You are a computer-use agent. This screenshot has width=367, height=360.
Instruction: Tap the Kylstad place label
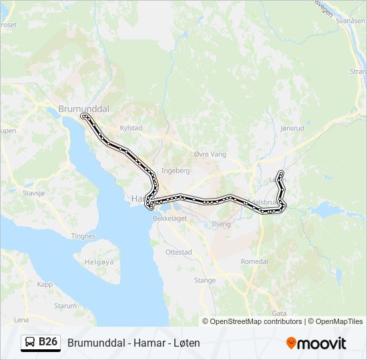(131, 127)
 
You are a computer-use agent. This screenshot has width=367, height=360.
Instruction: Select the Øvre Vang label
(210, 154)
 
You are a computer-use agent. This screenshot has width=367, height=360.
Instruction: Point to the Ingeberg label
(175, 171)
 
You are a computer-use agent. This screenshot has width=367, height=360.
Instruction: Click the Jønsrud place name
(292, 128)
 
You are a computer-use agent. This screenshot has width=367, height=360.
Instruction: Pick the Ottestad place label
(178, 253)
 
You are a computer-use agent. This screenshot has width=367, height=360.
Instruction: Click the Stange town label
(204, 281)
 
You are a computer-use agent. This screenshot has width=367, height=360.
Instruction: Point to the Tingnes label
(83, 236)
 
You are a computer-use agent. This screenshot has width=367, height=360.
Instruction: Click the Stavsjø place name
(33, 193)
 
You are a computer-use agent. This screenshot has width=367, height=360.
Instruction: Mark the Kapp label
(45, 284)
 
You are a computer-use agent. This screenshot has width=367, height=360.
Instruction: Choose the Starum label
(65, 305)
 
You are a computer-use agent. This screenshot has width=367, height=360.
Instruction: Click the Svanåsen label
(352, 21)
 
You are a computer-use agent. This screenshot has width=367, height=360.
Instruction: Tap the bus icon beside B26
(30, 343)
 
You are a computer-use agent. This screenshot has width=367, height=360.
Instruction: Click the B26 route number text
(48, 343)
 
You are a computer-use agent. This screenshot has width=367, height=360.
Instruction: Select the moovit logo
(316, 343)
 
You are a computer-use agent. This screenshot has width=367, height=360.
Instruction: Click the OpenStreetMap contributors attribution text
(256, 321)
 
